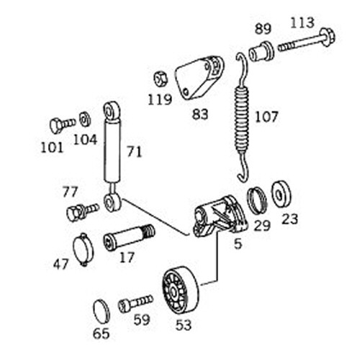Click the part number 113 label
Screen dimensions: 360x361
click(302, 23)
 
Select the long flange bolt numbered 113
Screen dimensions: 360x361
click(307, 41)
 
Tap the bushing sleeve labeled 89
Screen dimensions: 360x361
click(261, 52)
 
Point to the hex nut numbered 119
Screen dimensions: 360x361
click(160, 79)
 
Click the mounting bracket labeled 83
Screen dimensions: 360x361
click(200, 77)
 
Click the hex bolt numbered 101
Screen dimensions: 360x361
click(63, 124)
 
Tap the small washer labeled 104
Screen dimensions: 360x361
click(85, 119)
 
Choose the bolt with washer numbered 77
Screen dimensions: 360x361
click(82, 211)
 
